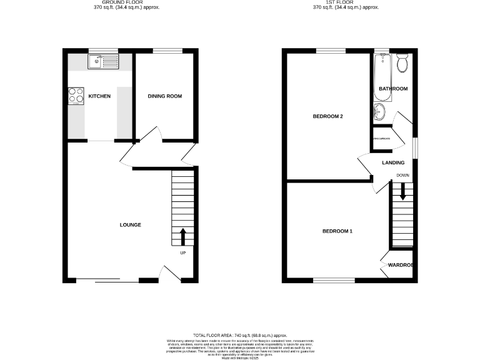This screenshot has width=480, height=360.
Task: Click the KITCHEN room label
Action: tap(99, 96)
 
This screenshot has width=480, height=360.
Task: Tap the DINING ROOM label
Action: tap(165, 96)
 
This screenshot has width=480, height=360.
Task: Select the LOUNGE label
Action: tap(131, 225)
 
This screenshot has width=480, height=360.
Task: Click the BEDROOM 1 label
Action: tap(337, 231)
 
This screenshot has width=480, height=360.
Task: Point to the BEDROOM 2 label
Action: tap(328, 116)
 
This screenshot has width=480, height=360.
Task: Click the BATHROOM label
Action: tap(393, 89)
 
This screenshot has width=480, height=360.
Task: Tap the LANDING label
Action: tap(394, 163)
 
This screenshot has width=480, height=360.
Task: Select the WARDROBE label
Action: tap(401, 265)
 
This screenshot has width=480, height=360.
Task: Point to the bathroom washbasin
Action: tap(380, 112)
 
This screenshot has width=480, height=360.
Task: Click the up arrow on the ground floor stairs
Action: tap(183, 237)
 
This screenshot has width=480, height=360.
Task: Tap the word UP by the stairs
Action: tap(183, 253)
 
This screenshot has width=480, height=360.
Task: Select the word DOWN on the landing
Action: tap(402, 175)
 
